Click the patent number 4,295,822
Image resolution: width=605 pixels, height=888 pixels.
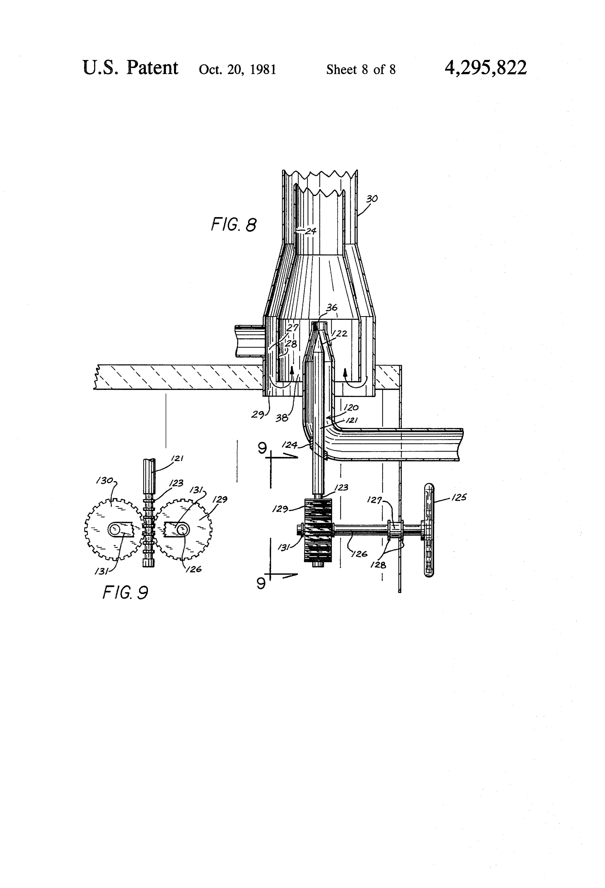485,68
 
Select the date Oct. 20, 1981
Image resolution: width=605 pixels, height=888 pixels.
238,70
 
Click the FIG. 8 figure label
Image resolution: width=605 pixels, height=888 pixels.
234,224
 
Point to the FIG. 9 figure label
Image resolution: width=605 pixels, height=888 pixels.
125,592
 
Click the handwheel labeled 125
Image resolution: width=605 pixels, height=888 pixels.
429,530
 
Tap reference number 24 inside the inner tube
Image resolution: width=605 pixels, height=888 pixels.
311,231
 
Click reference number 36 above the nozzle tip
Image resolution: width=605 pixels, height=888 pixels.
331,307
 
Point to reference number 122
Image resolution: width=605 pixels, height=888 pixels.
340,334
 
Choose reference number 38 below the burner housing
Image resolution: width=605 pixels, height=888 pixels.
282,418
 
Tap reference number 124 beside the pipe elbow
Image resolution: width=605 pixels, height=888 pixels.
289,445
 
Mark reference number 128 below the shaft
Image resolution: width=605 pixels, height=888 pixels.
378,565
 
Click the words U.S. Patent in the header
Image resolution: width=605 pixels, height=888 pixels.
130,68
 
